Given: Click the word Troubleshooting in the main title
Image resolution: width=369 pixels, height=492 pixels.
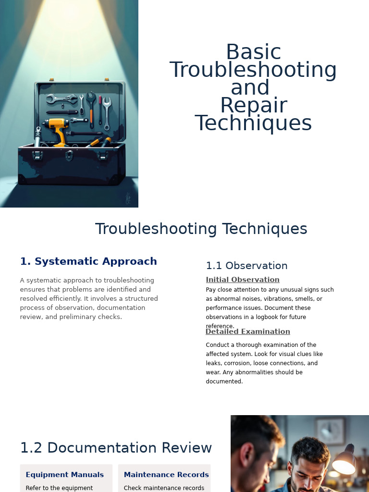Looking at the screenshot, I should pyautogui.click(x=253, y=70).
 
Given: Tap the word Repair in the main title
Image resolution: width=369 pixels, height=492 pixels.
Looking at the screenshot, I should pyautogui.click(x=253, y=106).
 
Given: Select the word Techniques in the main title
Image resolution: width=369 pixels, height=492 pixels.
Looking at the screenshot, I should pyautogui.click(x=253, y=123).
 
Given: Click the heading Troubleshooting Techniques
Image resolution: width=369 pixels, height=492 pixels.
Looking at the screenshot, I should pyautogui.click(x=201, y=229).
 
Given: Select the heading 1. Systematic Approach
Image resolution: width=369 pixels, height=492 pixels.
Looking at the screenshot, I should pyautogui.click(x=88, y=261).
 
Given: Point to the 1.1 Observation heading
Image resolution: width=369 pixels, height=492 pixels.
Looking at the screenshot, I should pyautogui.click(x=246, y=266).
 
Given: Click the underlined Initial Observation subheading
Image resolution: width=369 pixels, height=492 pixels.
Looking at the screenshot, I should pyautogui.click(x=243, y=280).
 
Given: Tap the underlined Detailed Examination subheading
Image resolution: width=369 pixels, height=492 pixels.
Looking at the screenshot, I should pyautogui.click(x=247, y=332).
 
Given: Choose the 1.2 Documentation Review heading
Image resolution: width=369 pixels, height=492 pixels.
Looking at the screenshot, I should pyautogui.click(x=116, y=448).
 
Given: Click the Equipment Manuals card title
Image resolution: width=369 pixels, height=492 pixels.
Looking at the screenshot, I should pyautogui.click(x=64, y=475).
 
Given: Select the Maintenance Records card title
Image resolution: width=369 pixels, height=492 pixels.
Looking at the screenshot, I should pyautogui.click(x=166, y=475).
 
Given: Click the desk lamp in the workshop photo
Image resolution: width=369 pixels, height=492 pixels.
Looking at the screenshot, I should pyautogui.click(x=344, y=461).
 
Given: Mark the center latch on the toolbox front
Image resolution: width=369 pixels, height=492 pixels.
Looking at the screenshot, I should pyautogui.click(x=69, y=155).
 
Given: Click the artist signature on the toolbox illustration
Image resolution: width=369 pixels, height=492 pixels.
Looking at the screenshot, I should pyautogui.click(x=128, y=197).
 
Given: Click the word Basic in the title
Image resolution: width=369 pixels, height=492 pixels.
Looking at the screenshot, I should pyautogui.click(x=253, y=52).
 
